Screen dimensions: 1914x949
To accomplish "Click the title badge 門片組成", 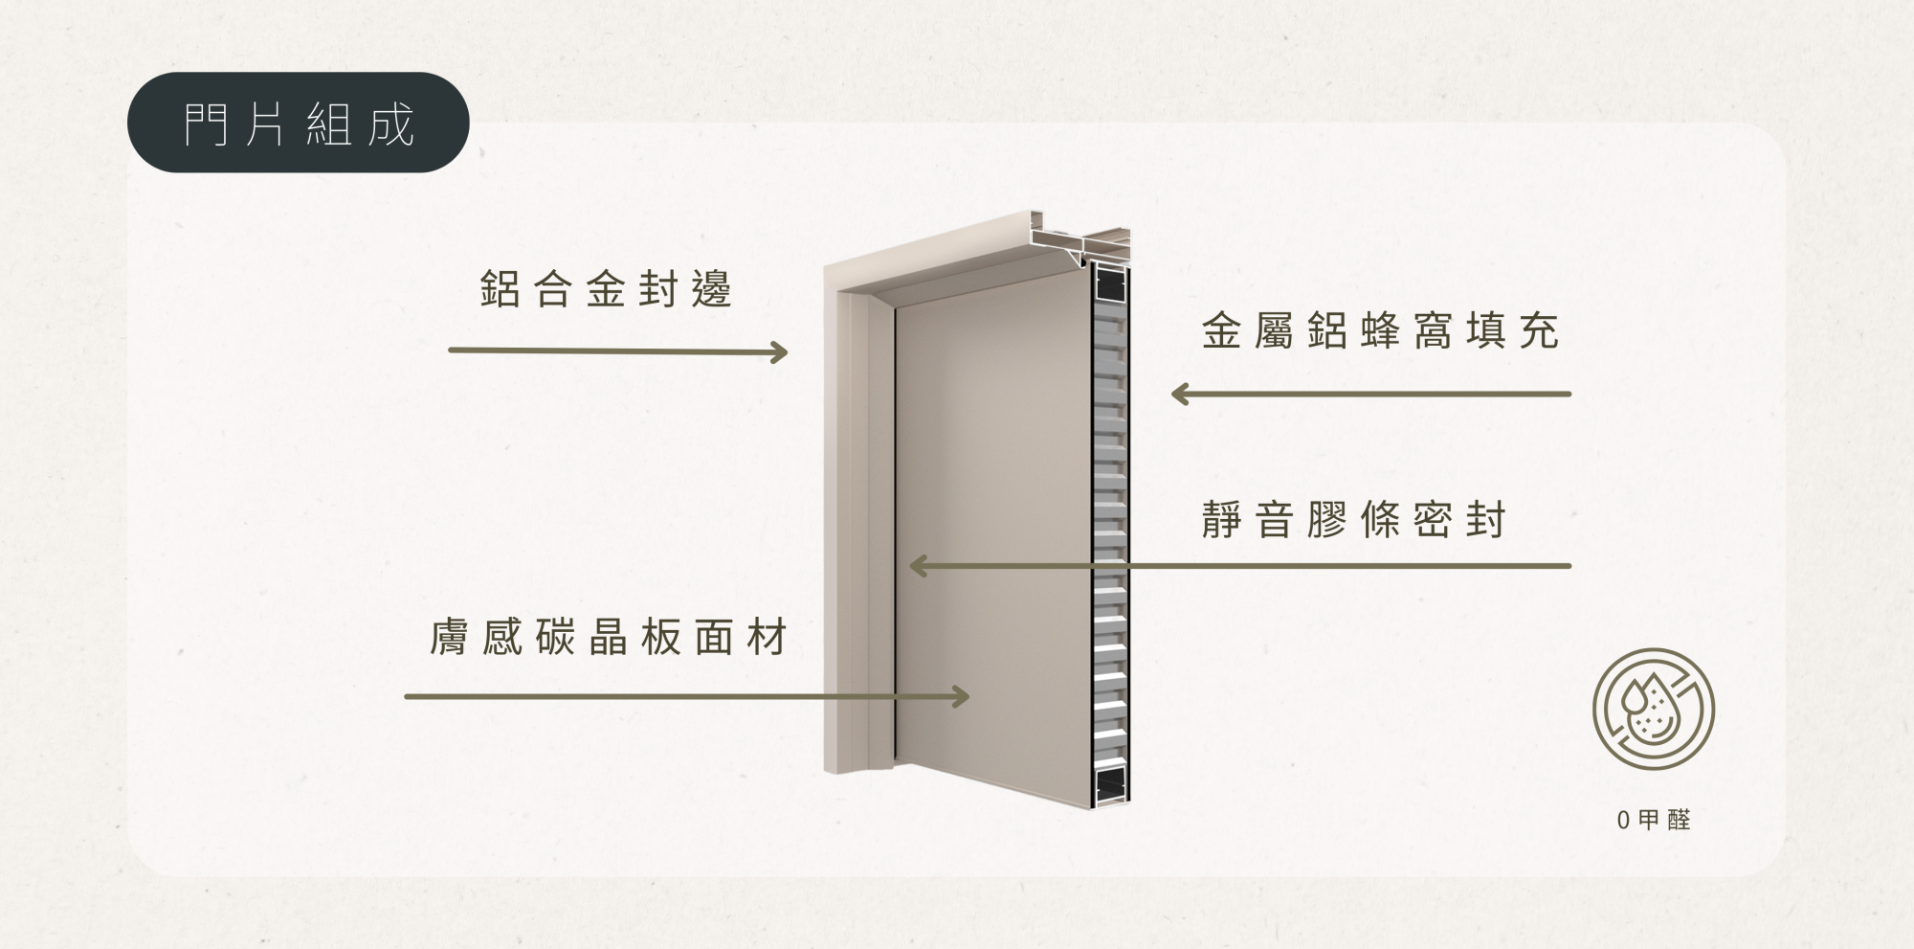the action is [298, 123].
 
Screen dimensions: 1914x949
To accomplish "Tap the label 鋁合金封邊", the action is [606, 289].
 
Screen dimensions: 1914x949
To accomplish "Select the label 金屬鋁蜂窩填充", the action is [1381, 331].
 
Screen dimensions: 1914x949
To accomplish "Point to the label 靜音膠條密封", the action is [1354, 520].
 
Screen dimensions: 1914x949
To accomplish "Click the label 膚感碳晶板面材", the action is [609, 637].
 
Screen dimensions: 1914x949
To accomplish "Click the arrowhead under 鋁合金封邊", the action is [779, 352].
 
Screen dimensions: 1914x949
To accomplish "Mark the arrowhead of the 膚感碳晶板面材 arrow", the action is [960, 696].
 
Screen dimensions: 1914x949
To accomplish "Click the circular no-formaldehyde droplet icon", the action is [1654, 710].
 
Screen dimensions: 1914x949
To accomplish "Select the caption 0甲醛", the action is [1654, 820].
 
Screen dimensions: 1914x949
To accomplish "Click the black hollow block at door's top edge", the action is [1111, 283].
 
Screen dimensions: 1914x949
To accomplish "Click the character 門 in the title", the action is [206, 124].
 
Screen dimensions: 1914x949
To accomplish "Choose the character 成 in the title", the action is [390, 124].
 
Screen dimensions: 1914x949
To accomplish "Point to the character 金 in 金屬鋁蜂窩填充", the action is [1222, 331].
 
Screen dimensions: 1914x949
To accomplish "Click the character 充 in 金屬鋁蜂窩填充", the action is [1540, 331].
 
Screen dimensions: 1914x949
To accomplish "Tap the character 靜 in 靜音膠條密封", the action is [1222, 520].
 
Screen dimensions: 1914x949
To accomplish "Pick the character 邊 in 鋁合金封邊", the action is [713, 289].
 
